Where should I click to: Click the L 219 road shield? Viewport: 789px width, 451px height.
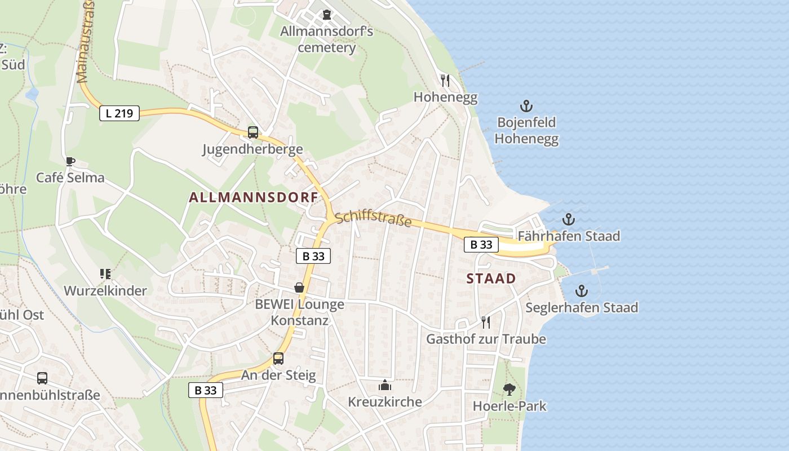[x=119, y=113]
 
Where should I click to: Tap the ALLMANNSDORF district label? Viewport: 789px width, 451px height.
[x=254, y=197]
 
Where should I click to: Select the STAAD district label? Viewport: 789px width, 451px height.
[x=491, y=278]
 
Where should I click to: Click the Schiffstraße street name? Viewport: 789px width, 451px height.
[x=373, y=219]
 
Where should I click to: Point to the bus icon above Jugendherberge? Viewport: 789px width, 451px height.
[x=253, y=133]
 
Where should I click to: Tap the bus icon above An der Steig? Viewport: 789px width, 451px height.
[x=278, y=359]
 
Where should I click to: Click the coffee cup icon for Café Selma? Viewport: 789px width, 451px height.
[x=70, y=162]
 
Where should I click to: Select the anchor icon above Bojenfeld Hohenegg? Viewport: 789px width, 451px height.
[x=526, y=106]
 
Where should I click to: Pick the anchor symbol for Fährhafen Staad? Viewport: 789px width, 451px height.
[x=569, y=219]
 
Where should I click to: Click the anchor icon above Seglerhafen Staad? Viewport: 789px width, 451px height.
[x=582, y=291]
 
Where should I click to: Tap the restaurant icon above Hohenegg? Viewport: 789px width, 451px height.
[x=445, y=81]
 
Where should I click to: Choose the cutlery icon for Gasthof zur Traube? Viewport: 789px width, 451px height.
[x=486, y=322]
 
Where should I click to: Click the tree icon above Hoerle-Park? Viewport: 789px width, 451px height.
[x=509, y=389]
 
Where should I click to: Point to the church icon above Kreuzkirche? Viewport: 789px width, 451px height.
[x=385, y=386]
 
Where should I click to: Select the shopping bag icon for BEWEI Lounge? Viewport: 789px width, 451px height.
[x=299, y=288]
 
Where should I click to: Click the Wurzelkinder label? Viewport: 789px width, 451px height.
[x=105, y=291]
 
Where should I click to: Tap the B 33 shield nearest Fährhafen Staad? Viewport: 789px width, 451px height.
[x=481, y=245]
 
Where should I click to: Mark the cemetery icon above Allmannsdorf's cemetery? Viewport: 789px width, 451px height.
[x=327, y=15]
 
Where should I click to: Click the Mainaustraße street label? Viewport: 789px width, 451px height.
[x=85, y=42]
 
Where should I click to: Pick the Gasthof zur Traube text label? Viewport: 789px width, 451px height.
[x=486, y=339]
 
